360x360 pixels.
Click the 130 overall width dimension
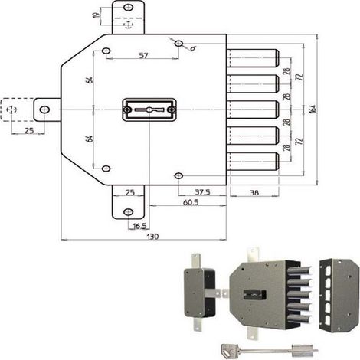coord(152,236)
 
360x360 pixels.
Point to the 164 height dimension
coord(314,108)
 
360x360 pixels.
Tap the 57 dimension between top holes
coord(143,55)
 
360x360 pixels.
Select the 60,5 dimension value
coord(191,202)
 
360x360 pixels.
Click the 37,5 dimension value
coord(202,191)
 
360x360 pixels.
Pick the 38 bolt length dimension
coord(254,192)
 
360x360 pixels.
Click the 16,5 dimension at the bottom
coord(139,226)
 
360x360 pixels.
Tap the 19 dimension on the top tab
coord(97,15)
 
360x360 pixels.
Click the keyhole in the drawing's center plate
coord(149,110)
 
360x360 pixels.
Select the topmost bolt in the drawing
coord(253,58)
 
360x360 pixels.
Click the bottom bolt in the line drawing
coord(253,162)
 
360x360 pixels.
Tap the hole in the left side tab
coord(44,110)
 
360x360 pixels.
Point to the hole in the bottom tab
coord(129,212)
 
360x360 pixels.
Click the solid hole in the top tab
coord(129,7)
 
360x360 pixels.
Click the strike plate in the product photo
coord(339,295)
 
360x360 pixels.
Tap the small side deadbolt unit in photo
coord(200,293)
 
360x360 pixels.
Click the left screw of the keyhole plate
coord(127,110)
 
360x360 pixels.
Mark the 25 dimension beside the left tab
coord(29,130)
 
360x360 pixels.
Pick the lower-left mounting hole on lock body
coord(106,169)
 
